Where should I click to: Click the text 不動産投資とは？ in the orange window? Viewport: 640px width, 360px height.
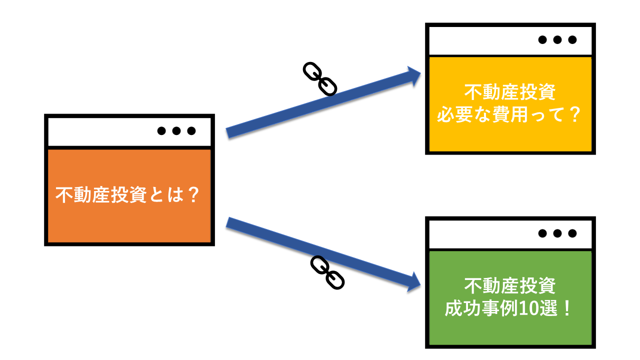point(129,195)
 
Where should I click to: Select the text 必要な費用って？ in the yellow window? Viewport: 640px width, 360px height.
point(509,116)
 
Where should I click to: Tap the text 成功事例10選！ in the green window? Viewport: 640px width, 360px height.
point(509,308)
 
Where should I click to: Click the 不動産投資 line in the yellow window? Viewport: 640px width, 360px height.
point(510,93)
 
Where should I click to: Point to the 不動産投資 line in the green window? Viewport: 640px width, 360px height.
point(510,286)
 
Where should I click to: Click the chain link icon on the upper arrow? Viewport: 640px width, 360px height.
point(320,78)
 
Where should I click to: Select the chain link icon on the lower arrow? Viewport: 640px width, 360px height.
point(327,272)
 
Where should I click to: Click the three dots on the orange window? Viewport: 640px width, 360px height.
point(176,131)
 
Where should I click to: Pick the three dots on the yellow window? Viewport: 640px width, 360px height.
point(557,40)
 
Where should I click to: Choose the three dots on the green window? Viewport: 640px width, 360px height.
point(557,233)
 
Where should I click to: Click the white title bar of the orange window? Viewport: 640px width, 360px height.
point(100,131)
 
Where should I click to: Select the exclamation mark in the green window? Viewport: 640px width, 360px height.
point(566,308)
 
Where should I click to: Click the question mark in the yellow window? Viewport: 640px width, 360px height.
point(573,116)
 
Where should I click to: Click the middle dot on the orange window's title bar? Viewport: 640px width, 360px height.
point(176,131)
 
